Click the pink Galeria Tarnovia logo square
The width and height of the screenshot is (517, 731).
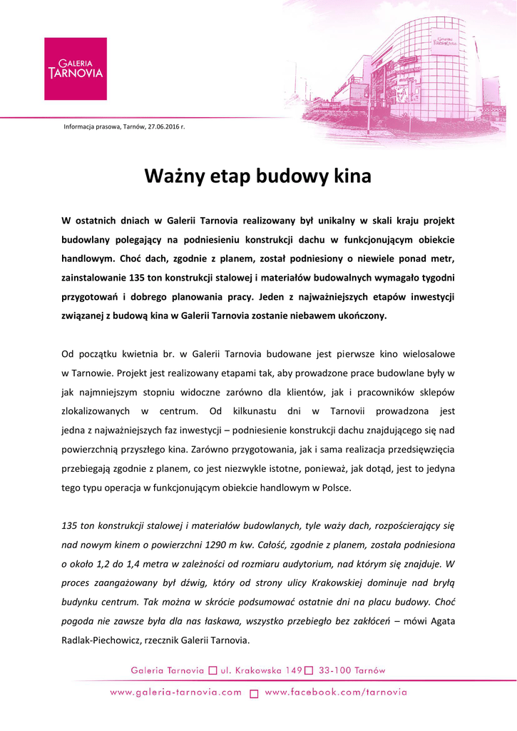[75, 69]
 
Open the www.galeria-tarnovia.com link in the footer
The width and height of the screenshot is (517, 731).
[176, 692]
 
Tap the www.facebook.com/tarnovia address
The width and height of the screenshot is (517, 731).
[336, 692]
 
